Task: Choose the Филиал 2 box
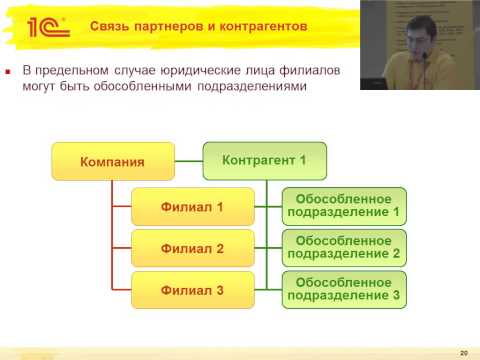tap(192, 247)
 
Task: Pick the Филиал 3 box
tap(192, 289)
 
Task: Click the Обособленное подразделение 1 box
tap(344, 205)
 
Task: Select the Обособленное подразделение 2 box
tap(344, 247)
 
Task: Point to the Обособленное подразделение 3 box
tap(344, 288)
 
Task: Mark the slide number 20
tap(463, 353)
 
